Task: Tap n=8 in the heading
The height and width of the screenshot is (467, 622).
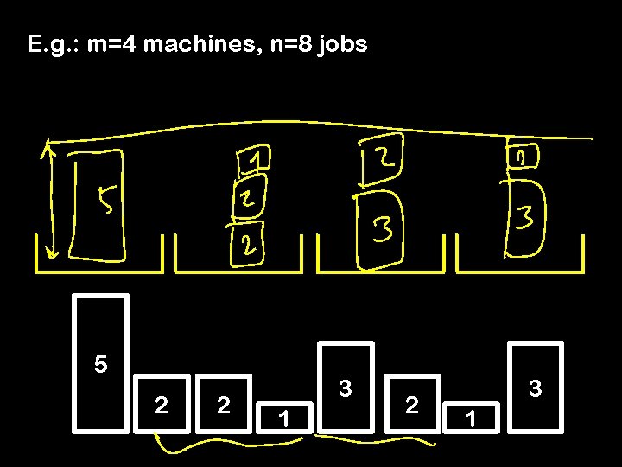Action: click(282, 44)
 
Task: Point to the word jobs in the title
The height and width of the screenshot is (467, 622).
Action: click(341, 45)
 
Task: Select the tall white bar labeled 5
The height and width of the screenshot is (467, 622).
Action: click(101, 363)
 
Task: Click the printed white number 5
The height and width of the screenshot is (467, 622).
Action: click(101, 364)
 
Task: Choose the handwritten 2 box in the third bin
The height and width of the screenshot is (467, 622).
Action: click(382, 161)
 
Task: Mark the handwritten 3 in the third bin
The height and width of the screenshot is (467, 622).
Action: click(383, 229)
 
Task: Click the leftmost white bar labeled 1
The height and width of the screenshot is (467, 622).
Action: click(283, 414)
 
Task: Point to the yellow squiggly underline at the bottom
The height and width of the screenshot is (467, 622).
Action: click(294, 444)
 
